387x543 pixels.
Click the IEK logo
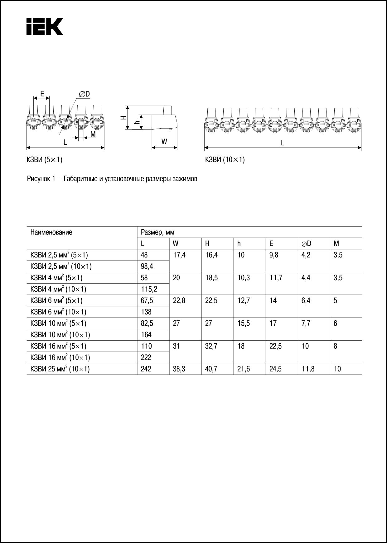(x=45, y=26)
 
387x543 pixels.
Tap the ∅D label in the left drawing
(x=84, y=94)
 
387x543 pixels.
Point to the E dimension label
(x=42, y=93)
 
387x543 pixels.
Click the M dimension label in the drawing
(x=93, y=134)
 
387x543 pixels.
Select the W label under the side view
(x=164, y=142)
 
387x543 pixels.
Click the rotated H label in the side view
(x=123, y=117)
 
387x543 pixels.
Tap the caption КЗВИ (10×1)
(x=225, y=160)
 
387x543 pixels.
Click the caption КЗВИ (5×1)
(x=45, y=160)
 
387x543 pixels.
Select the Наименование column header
(x=51, y=232)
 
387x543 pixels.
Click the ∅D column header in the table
(x=306, y=243)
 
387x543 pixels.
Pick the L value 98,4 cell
(x=147, y=267)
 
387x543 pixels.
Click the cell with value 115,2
(x=149, y=289)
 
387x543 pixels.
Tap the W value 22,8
(x=179, y=301)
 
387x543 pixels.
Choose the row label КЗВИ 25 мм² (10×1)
(x=60, y=369)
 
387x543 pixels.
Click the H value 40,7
(x=211, y=369)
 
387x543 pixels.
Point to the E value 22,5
(x=275, y=346)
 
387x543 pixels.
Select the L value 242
(x=146, y=369)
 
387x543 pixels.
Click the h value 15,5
(x=244, y=323)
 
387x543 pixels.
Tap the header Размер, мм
(x=157, y=232)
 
